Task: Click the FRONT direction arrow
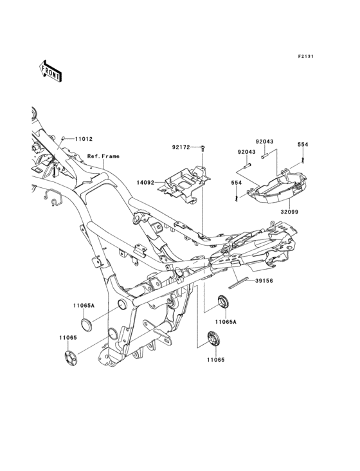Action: tap(50, 71)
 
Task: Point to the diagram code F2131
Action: tap(306, 56)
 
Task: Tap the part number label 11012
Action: tap(84, 139)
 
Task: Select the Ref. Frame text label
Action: tap(104, 156)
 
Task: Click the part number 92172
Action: tap(181, 147)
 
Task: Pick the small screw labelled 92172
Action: tap(203, 147)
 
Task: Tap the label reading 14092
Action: tap(145, 182)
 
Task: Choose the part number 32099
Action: tap(289, 212)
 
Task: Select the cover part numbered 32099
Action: tap(278, 189)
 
